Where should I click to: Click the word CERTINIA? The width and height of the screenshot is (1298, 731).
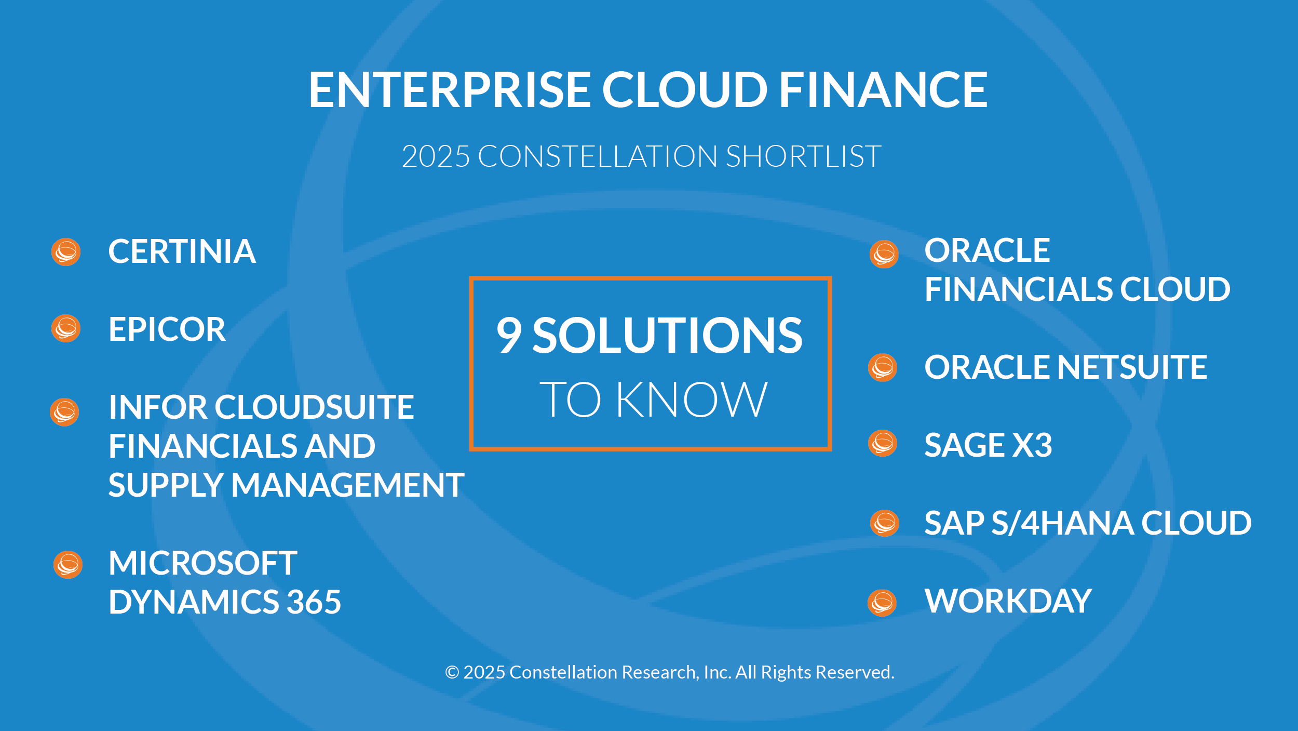click(x=182, y=251)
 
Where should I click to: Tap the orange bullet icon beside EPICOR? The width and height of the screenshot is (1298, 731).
click(x=66, y=328)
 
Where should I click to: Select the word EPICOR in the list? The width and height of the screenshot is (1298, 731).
click(x=167, y=329)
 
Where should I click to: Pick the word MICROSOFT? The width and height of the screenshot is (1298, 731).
click(x=203, y=563)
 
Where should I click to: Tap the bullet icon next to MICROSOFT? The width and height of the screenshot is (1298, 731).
click(x=68, y=565)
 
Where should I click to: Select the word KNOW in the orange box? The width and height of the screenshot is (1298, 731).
click(x=692, y=400)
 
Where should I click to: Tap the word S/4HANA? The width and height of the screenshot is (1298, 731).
click(x=1062, y=523)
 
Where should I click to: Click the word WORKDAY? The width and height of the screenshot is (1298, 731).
click(x=1008, y=601)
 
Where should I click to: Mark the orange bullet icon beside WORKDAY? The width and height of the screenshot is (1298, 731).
click(x=882, y=603)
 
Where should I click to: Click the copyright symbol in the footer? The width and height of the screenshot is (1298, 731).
click(x=452, y=672)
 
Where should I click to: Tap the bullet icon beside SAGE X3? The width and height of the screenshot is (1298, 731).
click(x=883, y=443)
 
